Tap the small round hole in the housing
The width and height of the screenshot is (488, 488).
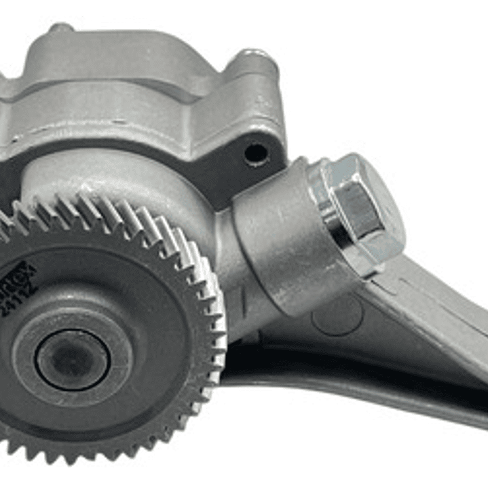click(255, 154)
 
